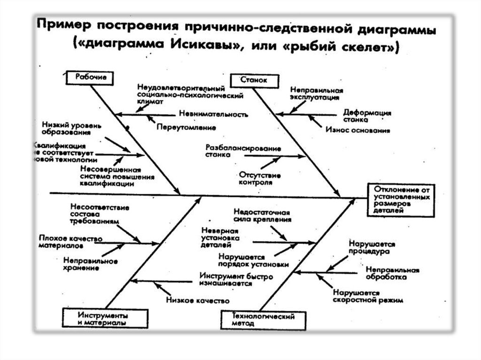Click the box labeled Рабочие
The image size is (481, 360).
(90, 77)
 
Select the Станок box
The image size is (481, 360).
(254, 80)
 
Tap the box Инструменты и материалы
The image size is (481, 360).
(101, 318)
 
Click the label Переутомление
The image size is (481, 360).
(186, 127)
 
